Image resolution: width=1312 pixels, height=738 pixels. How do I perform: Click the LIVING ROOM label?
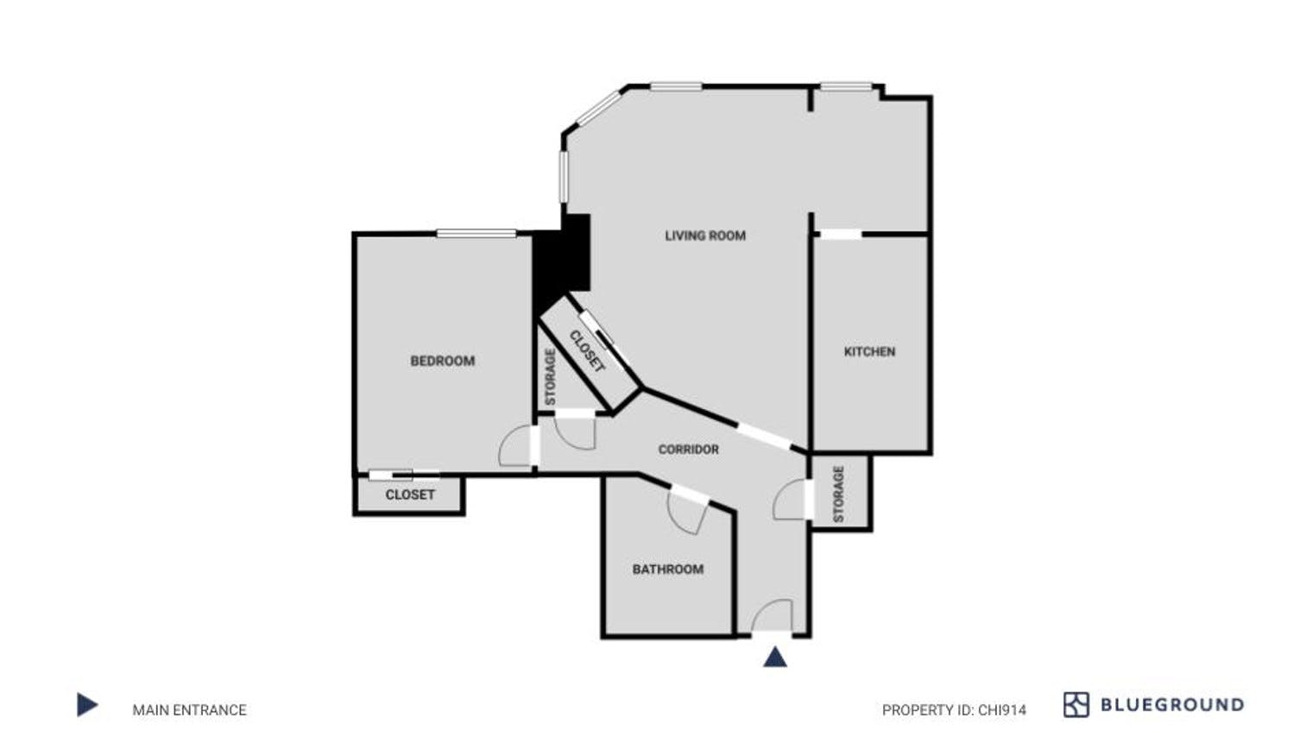click(705, 236)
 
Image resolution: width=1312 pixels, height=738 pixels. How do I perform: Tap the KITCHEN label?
click(869, 352)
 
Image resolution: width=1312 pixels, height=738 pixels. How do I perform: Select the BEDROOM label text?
click(442, 361)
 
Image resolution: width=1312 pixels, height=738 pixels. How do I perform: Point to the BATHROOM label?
click(667, 570)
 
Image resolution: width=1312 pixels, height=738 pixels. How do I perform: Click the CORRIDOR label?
click(688, 450)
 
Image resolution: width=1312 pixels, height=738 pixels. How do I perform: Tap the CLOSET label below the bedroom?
click(410, 495)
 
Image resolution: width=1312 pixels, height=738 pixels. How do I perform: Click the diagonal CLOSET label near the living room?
click(587, 351)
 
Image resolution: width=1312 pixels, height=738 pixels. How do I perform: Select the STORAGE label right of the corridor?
click(838, 494)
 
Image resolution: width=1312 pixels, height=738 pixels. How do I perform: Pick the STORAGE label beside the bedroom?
click(550, 377)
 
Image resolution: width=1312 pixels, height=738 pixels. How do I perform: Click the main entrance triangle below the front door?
click(775, 658)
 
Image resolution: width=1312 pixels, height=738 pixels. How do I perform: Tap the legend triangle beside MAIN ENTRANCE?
click(86, 705)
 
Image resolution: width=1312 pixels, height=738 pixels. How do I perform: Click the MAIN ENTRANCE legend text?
click(189, 710)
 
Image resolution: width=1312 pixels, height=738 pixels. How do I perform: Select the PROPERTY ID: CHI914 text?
click(954, 710)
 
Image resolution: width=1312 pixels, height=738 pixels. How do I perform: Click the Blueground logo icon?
click(1075, 705)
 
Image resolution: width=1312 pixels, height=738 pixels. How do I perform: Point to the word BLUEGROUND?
click(1171, 705)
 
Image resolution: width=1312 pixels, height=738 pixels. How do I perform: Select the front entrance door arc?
click(771, 615)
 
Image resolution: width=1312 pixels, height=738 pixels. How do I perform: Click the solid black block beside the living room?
click(561, 263)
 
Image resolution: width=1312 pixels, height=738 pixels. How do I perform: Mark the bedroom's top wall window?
click(476, 233)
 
